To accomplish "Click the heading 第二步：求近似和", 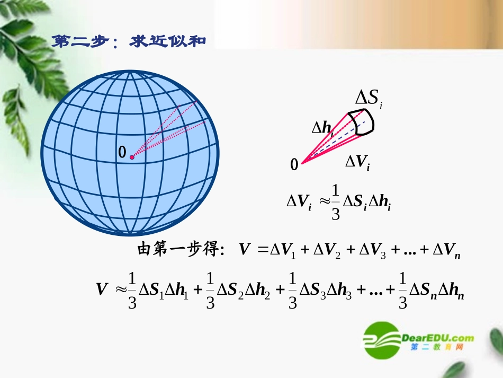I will pos(128,42).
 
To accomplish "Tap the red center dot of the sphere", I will pos(132,157).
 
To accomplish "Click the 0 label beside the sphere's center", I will pos(122,153).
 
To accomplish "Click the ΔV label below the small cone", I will pos(357,162).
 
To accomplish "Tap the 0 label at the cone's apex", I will pos(294,165).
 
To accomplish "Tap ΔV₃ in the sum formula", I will pos(371,250).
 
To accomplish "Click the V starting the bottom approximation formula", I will pos(102,289).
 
